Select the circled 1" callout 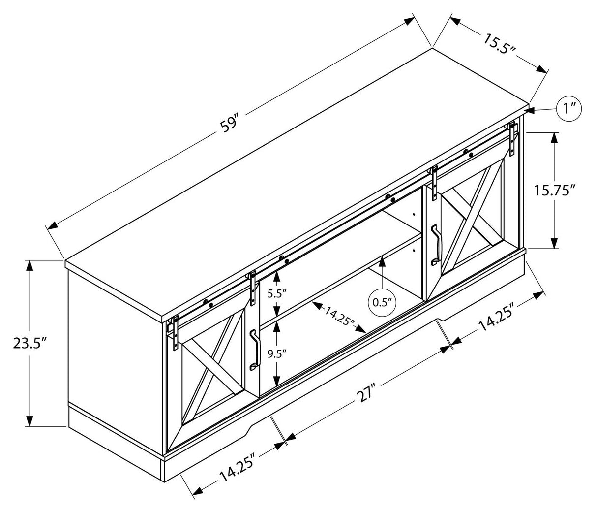point(569,108)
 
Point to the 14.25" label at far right point(497,319)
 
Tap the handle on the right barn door point(436,245)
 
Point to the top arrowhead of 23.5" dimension point(30,266)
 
